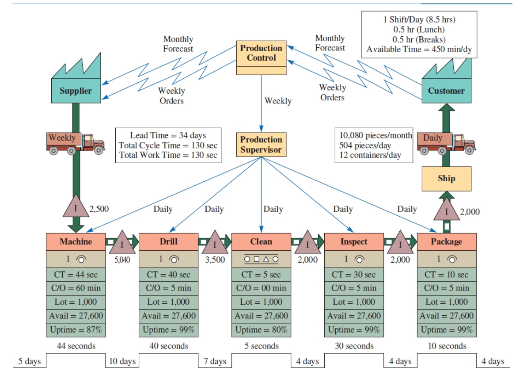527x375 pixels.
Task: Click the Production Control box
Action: [261, 53]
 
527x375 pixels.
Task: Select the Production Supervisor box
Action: [261, 145]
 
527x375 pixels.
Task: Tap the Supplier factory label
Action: [76, 91]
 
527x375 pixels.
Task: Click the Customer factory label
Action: [446, 91]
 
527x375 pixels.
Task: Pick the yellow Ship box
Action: [446, 179]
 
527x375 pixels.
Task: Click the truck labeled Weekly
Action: [75, 142]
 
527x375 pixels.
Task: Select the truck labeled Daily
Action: [445, 142]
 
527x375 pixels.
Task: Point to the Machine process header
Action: [76, 241]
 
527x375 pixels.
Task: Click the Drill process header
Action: [168, 241]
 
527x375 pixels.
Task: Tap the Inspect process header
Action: [353, 241]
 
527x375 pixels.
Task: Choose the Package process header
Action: [447, 241]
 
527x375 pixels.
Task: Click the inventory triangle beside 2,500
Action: [76, 207]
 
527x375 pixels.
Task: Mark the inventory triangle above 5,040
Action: [122, 243]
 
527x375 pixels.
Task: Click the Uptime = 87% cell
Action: [76, 330]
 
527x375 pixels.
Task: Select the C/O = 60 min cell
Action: [76, 288]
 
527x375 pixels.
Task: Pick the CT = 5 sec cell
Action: [261, 275]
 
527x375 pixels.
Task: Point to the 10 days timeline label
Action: [122, 362]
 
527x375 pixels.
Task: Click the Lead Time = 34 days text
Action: [168, 135]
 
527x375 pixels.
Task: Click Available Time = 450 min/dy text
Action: [419, 50]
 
